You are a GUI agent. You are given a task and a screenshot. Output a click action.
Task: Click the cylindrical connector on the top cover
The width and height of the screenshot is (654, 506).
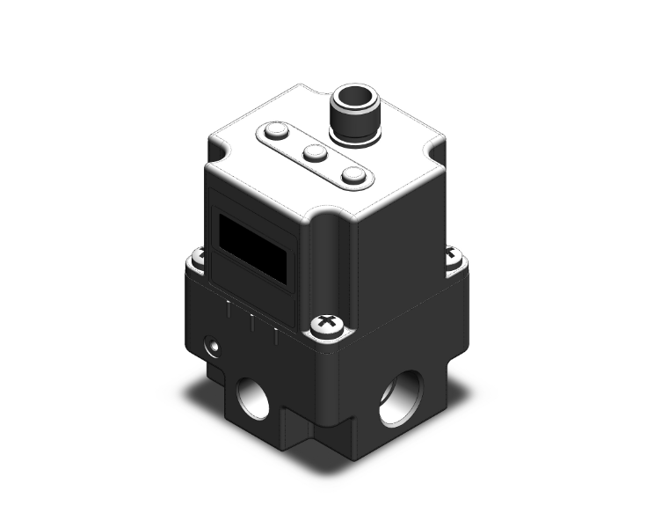[351, 114]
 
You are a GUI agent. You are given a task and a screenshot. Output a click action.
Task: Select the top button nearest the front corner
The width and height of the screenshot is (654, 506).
[353, 176]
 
